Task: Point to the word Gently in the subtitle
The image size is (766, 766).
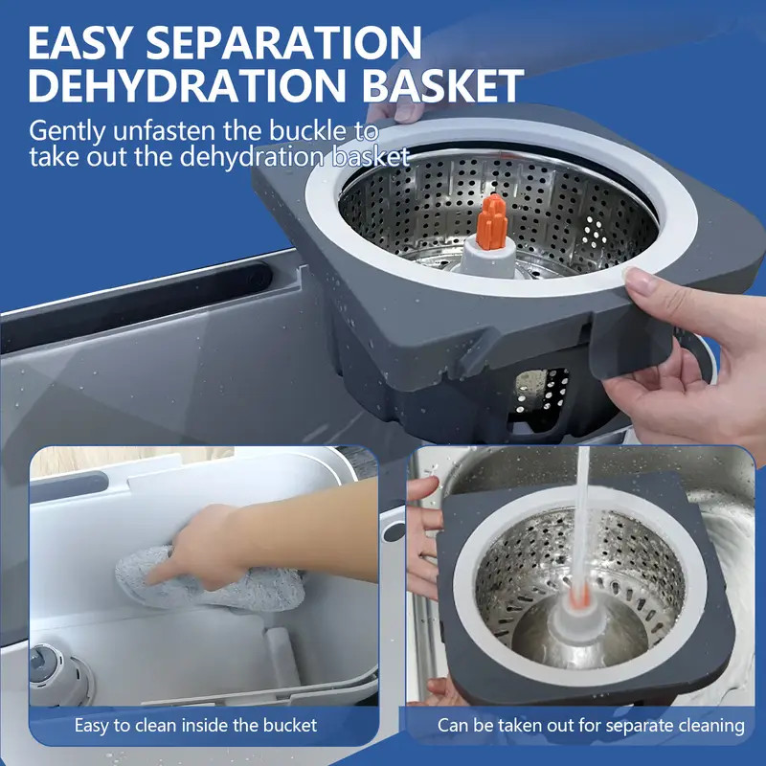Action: [x=67, y=130]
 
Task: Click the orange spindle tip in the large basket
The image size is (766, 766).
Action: [x=491, y=221]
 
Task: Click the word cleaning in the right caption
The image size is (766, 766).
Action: [x=709, y=726]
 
